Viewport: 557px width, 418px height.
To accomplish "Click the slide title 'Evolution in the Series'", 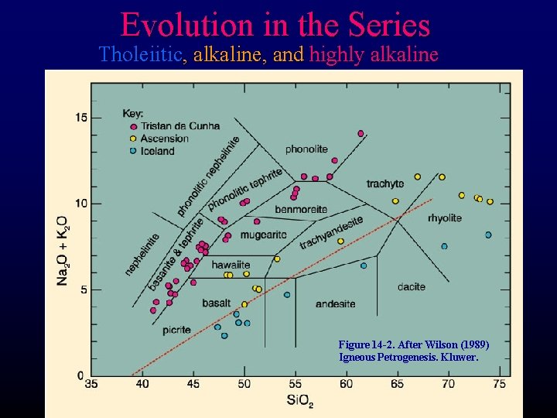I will (275, 25).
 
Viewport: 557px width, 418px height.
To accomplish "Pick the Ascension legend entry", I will (164, 139).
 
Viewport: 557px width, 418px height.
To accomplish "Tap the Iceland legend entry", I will (157, 151).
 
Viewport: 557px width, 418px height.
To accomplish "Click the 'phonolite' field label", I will (306, 149).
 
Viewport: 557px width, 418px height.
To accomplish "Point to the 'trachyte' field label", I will (384, 183).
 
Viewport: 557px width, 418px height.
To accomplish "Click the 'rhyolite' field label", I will (444, 218).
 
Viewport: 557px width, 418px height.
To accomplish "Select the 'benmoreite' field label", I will (301, 210).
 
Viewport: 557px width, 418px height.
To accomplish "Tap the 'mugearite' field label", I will (263, 235).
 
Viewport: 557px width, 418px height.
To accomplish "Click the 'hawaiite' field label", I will (231, 265).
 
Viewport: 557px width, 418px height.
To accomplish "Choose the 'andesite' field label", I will (335, 303).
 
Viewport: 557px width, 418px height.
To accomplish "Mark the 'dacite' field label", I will (411, 286).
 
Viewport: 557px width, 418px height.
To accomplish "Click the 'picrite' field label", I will (176, 330).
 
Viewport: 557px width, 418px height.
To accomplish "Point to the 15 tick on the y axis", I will (80, 118).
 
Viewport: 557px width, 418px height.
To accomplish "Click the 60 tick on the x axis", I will (346, 384).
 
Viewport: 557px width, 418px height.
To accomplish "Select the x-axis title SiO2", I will (296, 401).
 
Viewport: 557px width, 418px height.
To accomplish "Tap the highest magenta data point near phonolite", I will (361, 133).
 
